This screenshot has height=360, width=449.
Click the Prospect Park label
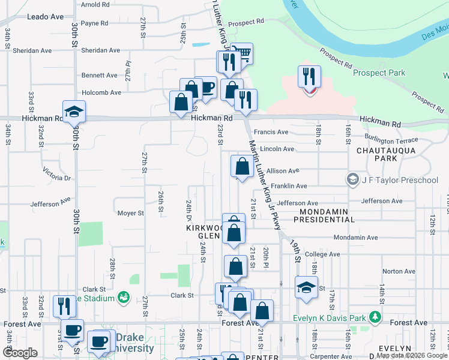point(379,73)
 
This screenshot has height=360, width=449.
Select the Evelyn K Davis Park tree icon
point(375,316)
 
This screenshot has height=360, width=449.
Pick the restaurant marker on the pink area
point(309,77)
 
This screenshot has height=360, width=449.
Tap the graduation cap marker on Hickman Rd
point(74,112)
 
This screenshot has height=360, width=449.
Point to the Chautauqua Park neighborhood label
point(377,154)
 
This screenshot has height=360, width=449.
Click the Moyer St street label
point(130,213)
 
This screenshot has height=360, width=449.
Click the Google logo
point(20,353)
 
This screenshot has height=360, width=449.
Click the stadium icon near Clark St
point(124,297)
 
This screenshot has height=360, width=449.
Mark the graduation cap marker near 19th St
point(306,287)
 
